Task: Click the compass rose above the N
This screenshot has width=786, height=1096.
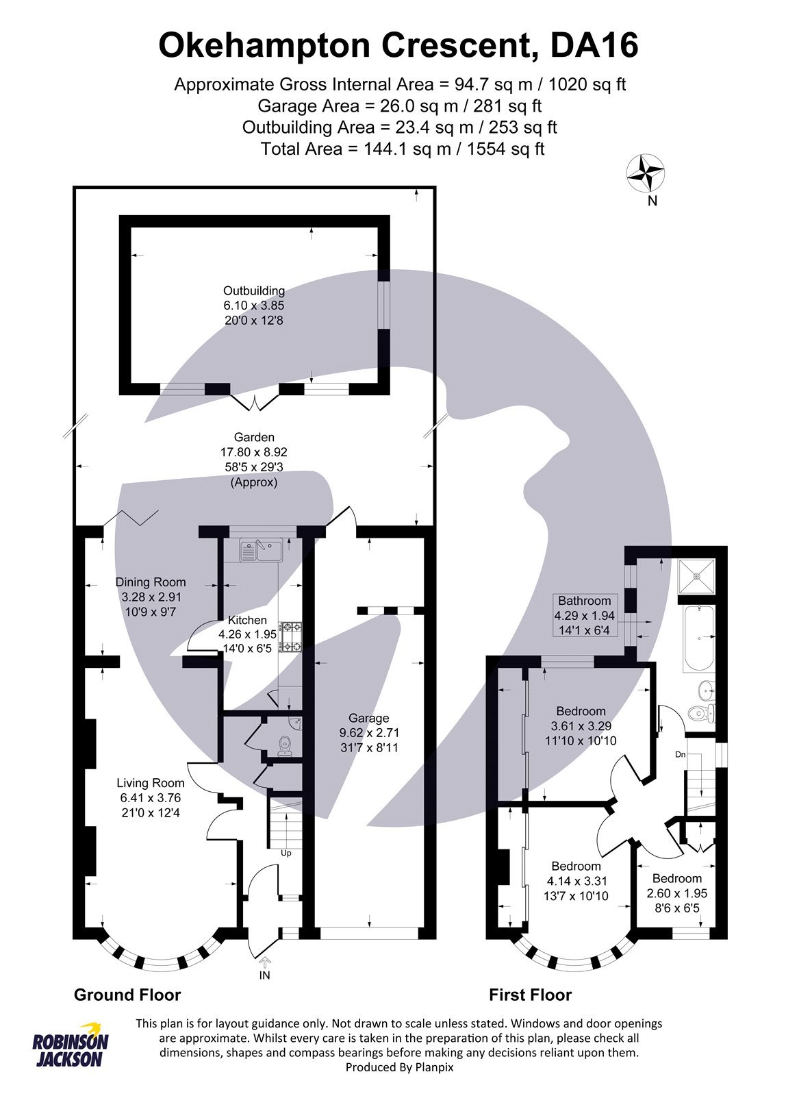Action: coord(645,173)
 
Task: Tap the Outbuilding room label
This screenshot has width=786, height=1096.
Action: coord(253,290)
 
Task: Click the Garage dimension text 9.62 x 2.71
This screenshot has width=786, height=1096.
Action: coord(368,733)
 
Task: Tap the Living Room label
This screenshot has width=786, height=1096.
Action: coord(150,783)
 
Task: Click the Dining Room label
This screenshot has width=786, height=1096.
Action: coord(150,582)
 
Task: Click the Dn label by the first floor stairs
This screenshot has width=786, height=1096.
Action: coord(680,754)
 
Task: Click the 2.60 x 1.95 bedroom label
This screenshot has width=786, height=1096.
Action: coord(676,893)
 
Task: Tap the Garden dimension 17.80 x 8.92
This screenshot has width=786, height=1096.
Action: coord(254,452)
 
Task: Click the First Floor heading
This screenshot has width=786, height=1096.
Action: coord(530,995)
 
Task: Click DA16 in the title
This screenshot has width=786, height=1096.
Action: coord(594,46)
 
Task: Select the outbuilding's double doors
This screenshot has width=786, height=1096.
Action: coord(255,402)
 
